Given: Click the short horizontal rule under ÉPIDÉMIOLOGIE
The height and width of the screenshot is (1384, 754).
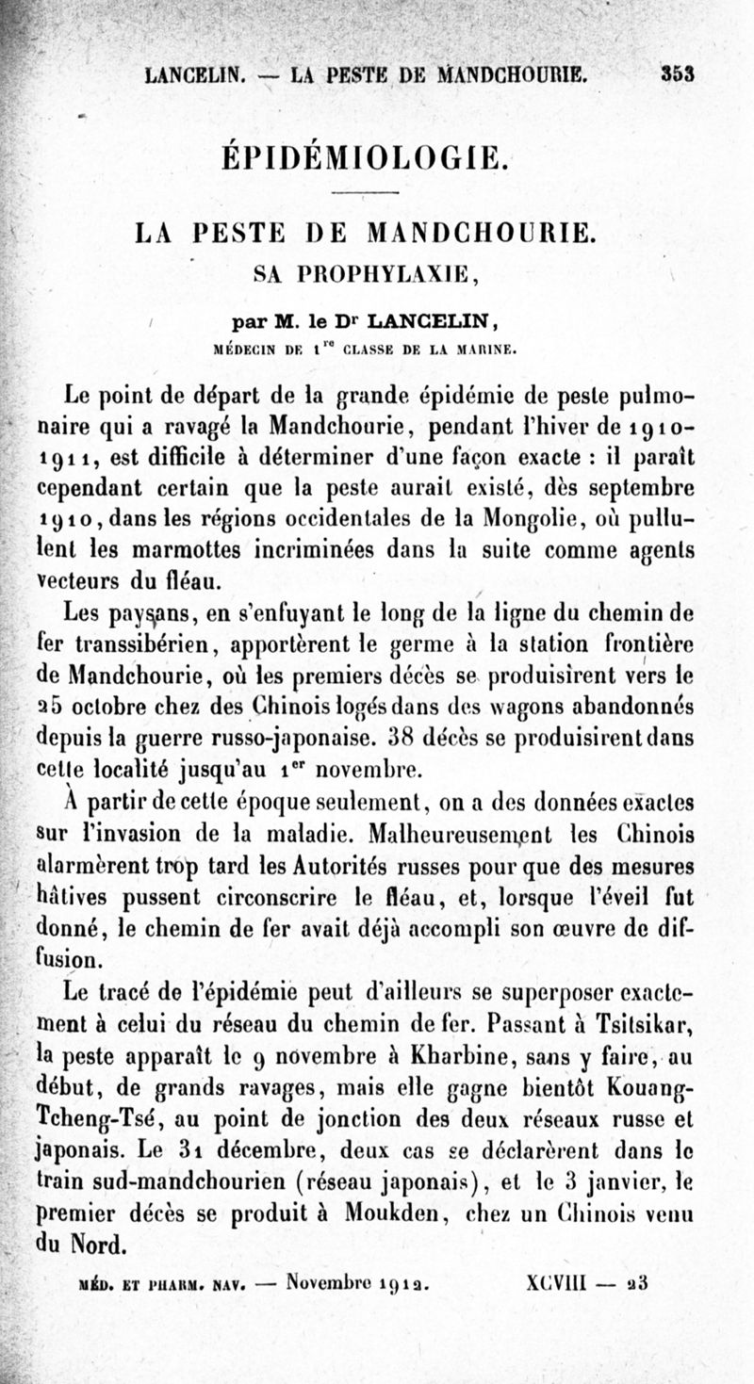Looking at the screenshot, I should click(367, 193).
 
